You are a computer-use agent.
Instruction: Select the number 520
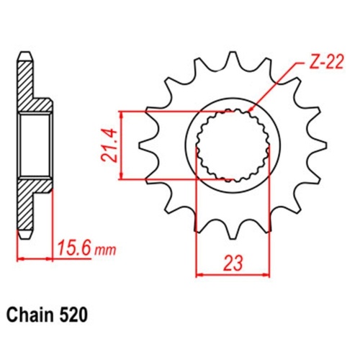(x=74, y=315)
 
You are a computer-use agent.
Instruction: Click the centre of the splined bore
(x=233, y=144)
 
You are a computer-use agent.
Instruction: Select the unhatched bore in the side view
(x=36, y=144)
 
